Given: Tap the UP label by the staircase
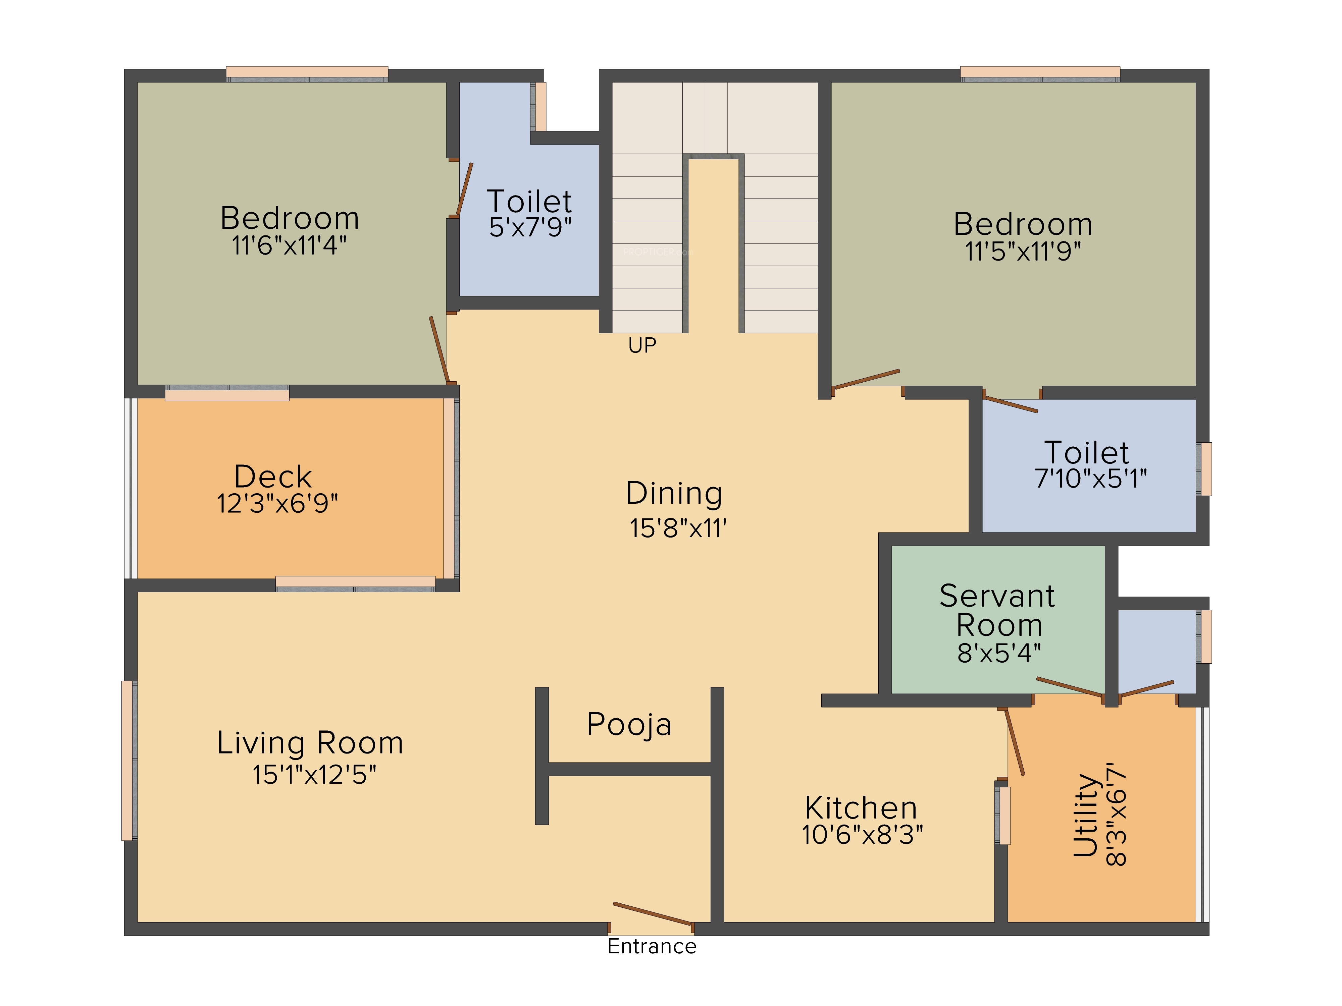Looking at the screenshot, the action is (x=642, y=345).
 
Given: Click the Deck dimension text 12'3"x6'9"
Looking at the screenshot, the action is (x=277, y=503).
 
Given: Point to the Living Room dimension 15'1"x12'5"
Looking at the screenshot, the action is (x=314, y=774).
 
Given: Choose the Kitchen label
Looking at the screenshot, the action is (x=861, y=808).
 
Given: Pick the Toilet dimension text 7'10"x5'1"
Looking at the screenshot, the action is (x=1091, y=479).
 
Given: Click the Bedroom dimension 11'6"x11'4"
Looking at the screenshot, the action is (x=290, y=245).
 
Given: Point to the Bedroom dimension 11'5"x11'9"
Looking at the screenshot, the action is (x=1023, y=251).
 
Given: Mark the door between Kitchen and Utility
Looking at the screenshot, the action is (x=1015, y=742).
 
